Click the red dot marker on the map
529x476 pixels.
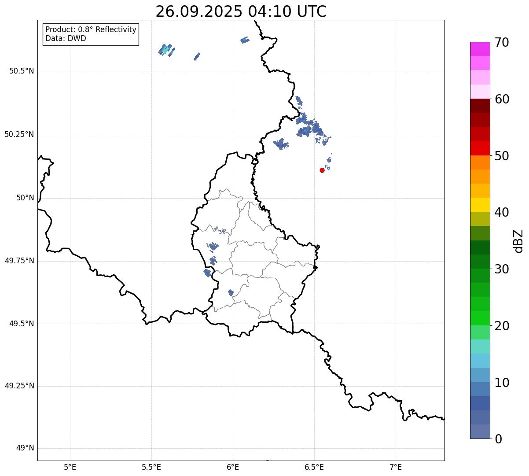[322, 170]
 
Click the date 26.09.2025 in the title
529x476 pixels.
[198, 11]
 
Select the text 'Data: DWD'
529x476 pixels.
[66, 38]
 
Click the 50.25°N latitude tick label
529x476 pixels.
[19, 134]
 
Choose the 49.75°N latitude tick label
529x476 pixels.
[19, 261]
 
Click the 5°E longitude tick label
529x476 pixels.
[70, 467]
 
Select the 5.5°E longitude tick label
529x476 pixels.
[151, 467]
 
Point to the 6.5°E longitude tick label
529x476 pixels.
[314, 467]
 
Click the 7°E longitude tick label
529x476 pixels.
[396, 467]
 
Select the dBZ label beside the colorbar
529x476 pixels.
[519, 240]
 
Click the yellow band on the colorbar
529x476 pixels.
[480, 205]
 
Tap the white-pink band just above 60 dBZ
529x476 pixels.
[480, 92]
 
